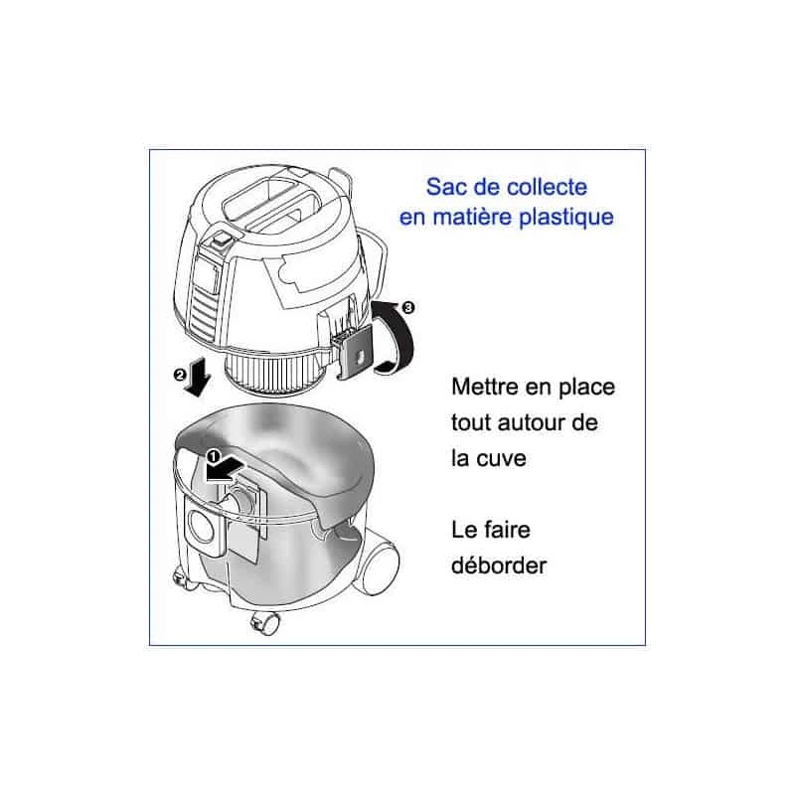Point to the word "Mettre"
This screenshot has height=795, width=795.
point(483,386)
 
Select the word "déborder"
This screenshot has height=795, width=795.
point(499,564)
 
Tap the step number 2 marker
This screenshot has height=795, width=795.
point(181,375)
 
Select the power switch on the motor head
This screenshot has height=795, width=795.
point(220,239)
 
